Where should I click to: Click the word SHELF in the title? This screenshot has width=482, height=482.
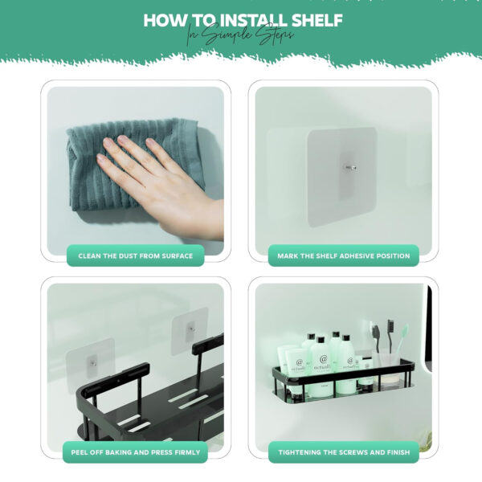[x=317, y=20]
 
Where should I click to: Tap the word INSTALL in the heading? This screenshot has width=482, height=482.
[x=254, y=20]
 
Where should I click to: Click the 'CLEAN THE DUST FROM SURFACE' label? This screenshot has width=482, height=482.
[x=136, y=255]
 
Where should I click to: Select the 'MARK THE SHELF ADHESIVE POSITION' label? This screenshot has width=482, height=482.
[x=343, y=255]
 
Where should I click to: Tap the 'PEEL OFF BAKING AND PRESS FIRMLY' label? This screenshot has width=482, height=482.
[x=136, y=452]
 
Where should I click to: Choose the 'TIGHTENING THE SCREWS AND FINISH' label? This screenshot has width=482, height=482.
[x=344, y=452]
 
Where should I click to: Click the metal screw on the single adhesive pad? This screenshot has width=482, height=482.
[x=349, y=168]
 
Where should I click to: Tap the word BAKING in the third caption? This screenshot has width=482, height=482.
[x=119, y=452]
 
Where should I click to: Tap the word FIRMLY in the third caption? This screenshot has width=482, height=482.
[x=186, y=452]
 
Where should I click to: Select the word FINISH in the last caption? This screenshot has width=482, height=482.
[x=398, y=452]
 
